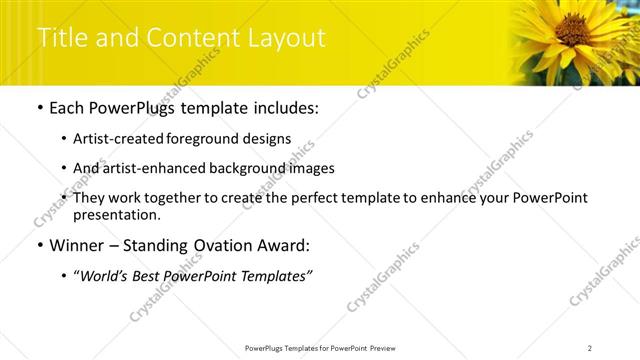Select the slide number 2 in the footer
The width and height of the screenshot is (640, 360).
[x=589, y=347]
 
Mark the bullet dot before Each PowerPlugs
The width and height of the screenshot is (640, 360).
[x=39, y=108]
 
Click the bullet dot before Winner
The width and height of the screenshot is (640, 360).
[x=39, y=246]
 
